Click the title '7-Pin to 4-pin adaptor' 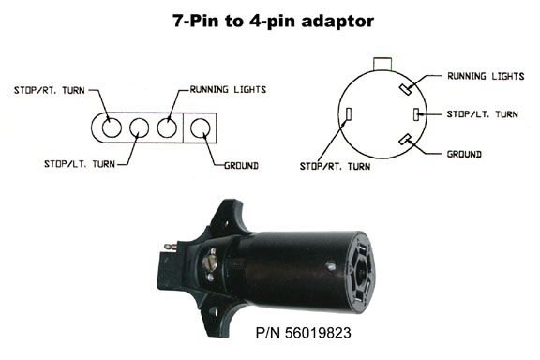[273, 22]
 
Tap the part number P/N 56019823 [303, 333]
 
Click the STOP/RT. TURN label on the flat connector [50, 90]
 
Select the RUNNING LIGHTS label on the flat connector [228, 90]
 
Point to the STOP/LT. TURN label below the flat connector [80, 164]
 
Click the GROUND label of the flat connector [241, 166]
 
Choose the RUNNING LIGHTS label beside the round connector [486, 76]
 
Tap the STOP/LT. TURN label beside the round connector [482, 114]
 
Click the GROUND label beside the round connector [464, 154]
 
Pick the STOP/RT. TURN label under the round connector [335, 166]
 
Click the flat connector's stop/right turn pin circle [112, 127]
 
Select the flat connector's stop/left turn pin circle [139, 127]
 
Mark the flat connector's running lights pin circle [167, 127]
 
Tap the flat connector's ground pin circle [200, 127]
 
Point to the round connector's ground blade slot [405, 139]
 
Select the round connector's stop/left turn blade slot [416, 114]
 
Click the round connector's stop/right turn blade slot [349, 114]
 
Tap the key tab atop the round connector [382, 64]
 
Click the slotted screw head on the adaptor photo [211, 263]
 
